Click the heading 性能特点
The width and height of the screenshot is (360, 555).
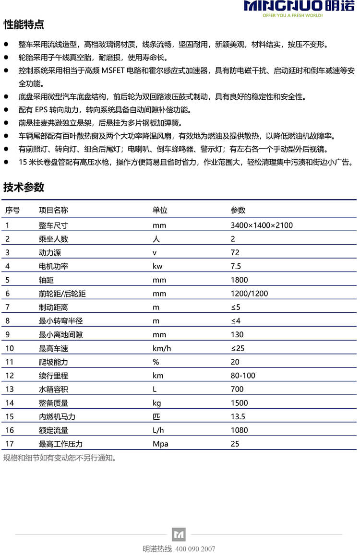click(x=24, y=24)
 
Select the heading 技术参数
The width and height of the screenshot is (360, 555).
click(x=24, y=188)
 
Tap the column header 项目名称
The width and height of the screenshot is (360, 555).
click(x=53, y=210)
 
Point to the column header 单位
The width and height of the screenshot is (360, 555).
click(x=160, y=210)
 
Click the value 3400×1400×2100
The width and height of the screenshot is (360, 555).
click(x=262, y=225)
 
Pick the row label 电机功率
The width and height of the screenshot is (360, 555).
click(x=53, y=266)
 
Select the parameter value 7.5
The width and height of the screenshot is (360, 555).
click(x=236, y=266)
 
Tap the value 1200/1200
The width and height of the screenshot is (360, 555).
click(x=249, y=294)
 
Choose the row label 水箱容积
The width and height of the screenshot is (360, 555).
click(x=53, y=389)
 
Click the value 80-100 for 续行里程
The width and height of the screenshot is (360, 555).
click(x=243, y=376)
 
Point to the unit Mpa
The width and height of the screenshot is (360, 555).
click(x=160, y=444)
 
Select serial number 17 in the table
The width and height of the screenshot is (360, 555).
click(x=10, y=444)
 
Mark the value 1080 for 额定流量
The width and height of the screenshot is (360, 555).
click(x=239, y=430)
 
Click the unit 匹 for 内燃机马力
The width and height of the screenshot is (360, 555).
click(x=156, y=416)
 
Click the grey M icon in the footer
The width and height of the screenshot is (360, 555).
click(x=179, y=534)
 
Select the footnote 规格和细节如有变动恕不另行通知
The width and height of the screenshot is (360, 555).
click(x=60, y=458)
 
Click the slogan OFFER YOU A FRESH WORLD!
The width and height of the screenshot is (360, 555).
click(x=292, y=15)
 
